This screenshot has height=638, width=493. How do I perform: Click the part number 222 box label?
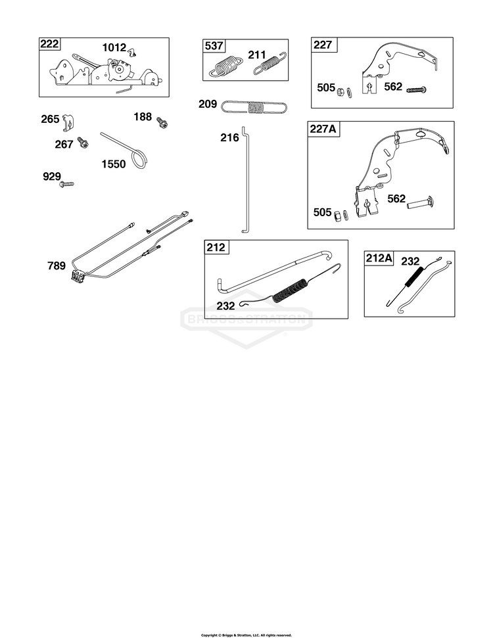(x=50, y=44)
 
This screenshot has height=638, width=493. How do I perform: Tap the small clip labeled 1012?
(x=132, y=52)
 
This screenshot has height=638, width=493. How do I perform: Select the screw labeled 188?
(x=163, y=122)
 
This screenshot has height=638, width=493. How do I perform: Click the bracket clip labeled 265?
(x=68, y=123)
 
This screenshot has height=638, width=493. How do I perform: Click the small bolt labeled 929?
(x=67, y=185)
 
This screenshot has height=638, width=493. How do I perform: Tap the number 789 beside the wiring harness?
(x=57, y=265)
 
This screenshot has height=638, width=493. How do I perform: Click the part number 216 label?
(x=229, y=138)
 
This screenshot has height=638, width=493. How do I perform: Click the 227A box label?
(x=323, y=129)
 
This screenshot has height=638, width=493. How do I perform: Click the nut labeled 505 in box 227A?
(x=338, y=216)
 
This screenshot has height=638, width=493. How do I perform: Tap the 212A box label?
(x=379, y=258)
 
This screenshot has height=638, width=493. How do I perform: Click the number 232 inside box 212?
(x=226, y=306)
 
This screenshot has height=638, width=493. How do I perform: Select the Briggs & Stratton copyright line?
(x=246, y=635)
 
